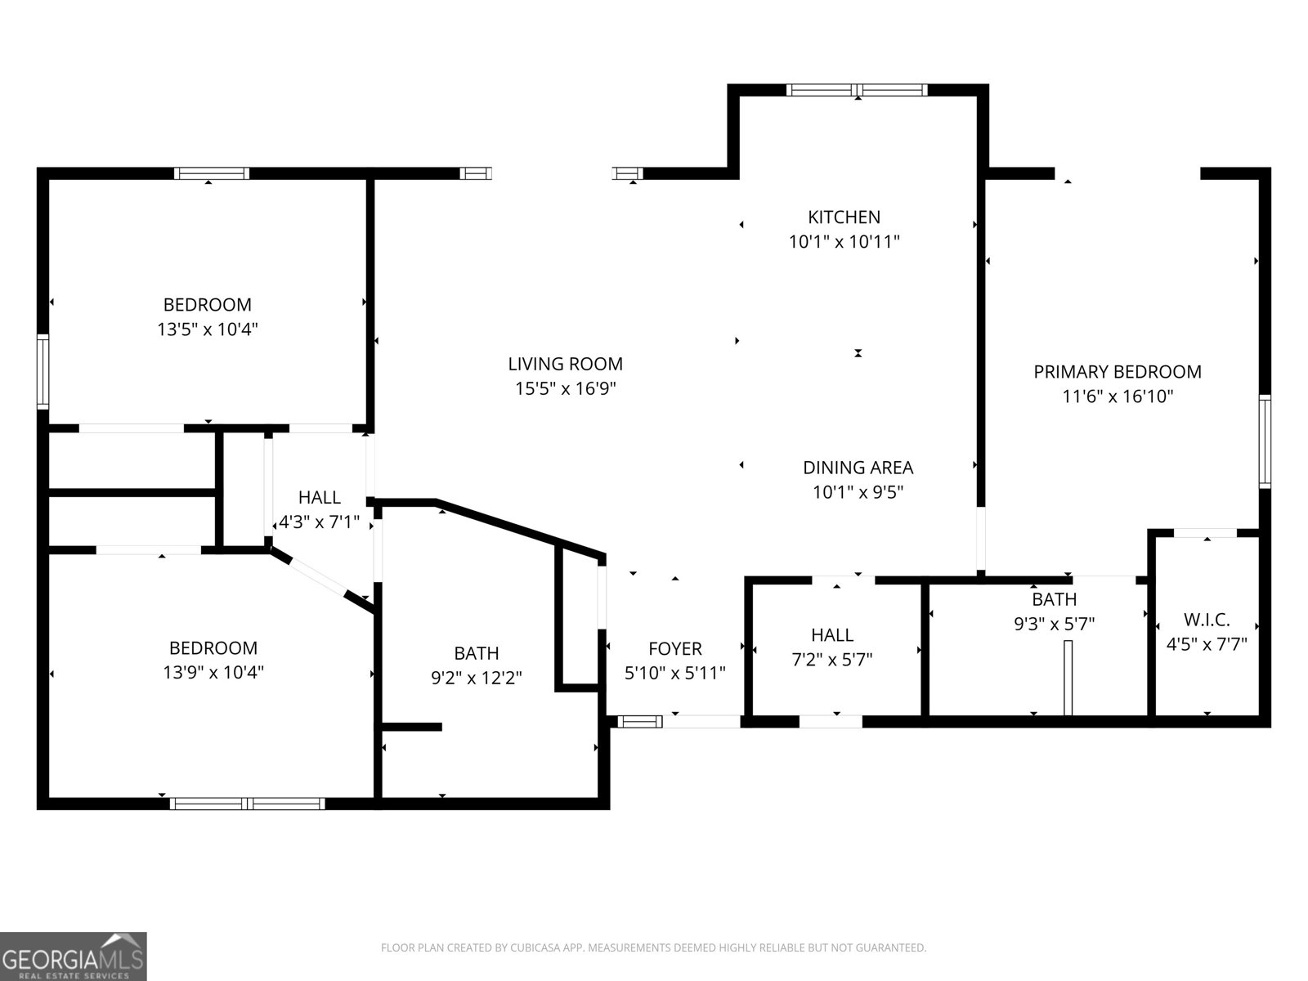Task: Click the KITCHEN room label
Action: click(x=844, y=217)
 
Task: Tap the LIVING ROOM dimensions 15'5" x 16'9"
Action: click(x=565, y=388)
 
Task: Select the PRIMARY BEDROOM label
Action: click(x=1117, y=372)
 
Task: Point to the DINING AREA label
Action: click(x=858, y=468)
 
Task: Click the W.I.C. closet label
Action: click(x=1206, y=620)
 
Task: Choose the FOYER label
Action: click(x=674, y=648)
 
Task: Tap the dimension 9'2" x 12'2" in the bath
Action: click(x=477, y=678)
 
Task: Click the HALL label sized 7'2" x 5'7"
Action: click(x=832, y=635)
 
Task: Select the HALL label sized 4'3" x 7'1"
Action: click(x=319, y=497)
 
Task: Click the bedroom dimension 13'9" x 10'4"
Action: click(x=213, y=672)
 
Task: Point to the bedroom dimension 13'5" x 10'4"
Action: click(x=208, y=329)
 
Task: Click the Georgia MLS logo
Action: click(x=73, y=956)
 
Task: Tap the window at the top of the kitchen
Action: click(x=857, y=90)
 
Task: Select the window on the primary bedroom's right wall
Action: click(x=1264, y=441)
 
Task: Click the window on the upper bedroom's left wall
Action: click(x=43, y=371)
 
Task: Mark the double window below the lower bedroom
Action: click(x=247, y=804)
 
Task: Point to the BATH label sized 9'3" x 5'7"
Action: click(x=1054, y=599)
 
